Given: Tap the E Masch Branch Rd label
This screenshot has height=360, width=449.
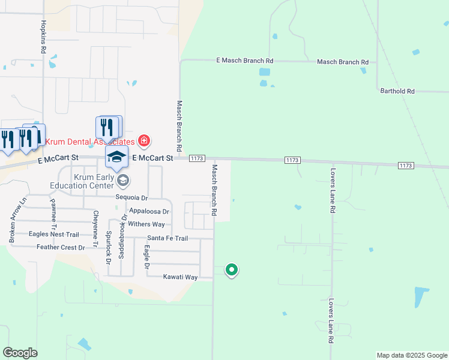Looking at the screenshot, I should (245, 61).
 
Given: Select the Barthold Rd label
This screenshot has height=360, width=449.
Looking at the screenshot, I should (397, 91).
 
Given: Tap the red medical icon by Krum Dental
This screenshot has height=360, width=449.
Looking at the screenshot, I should (143, 142).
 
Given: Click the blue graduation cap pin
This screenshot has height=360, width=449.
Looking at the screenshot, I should (117, 158).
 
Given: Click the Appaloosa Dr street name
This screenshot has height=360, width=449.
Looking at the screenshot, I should (149, 211).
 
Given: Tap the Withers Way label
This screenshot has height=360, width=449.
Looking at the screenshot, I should (146, 224).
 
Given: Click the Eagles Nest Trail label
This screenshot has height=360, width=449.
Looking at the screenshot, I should (53, 235).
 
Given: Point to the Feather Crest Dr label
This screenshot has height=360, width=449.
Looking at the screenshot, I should (61, 247).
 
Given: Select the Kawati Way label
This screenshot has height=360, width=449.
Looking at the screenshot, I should (180, 277).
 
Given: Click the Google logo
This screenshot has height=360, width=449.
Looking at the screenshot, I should (20, 353).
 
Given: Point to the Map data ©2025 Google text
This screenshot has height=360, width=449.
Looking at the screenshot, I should (411, 355).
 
